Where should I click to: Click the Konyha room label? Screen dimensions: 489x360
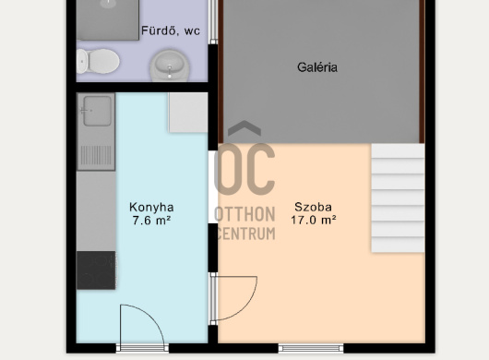click(x=151, y=208)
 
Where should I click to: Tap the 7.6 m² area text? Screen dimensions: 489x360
click(x=151, y=221)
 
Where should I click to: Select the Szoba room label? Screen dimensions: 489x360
click(x=313, y=207)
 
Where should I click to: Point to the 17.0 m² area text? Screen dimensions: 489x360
click(x=314, y=220)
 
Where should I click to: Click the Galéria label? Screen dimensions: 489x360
click(x=317, y=67)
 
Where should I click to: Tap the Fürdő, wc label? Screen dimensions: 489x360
click(x=171, y=30)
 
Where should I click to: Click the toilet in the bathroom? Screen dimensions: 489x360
click(x=98, y=61)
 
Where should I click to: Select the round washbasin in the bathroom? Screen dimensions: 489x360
click(x=170, y=66)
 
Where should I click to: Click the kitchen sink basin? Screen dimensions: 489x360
click(x=97, y=111)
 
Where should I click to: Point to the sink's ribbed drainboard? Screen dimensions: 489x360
click(x=96, y=155)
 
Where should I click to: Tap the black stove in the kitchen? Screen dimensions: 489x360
click(x=96, y=270)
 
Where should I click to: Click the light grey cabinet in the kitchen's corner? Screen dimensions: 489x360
click(x=188, y=113)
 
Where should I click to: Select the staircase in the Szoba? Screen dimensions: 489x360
click(x=398, y=198)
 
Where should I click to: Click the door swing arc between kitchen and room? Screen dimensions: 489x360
click(x=246, y=307)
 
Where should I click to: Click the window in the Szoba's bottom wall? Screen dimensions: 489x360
click(x=311, y=348)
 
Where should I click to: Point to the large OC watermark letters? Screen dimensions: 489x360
click(x=244, y=169)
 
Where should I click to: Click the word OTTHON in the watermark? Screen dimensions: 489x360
click(x=244, y=214)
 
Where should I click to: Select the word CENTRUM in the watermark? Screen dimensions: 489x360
click(x=245, y=234)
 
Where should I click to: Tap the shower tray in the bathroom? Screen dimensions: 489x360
click(x=108, y=19)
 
